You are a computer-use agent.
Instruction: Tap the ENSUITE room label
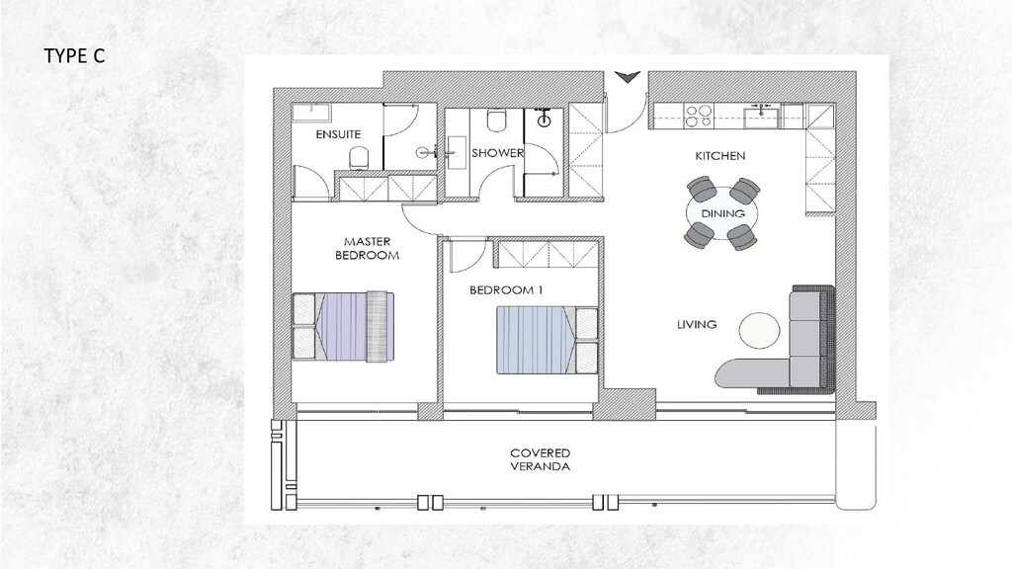tap(338, 133)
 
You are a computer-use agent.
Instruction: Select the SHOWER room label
tap(497, 153)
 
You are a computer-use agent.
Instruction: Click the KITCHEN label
tap(719, 156)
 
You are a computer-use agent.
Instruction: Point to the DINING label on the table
tap(722, 213)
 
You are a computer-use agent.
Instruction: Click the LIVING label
tap(697, 324)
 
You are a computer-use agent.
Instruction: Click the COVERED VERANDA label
tap(540, 459)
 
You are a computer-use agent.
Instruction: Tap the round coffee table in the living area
tap(759, 330)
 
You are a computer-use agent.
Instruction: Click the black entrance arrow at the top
tap(627, 76)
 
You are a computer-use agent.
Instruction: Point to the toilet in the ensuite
tap(360, 157)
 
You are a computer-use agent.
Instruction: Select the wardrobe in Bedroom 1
tap(546, 254)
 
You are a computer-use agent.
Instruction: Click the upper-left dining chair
tap(700, 189)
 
